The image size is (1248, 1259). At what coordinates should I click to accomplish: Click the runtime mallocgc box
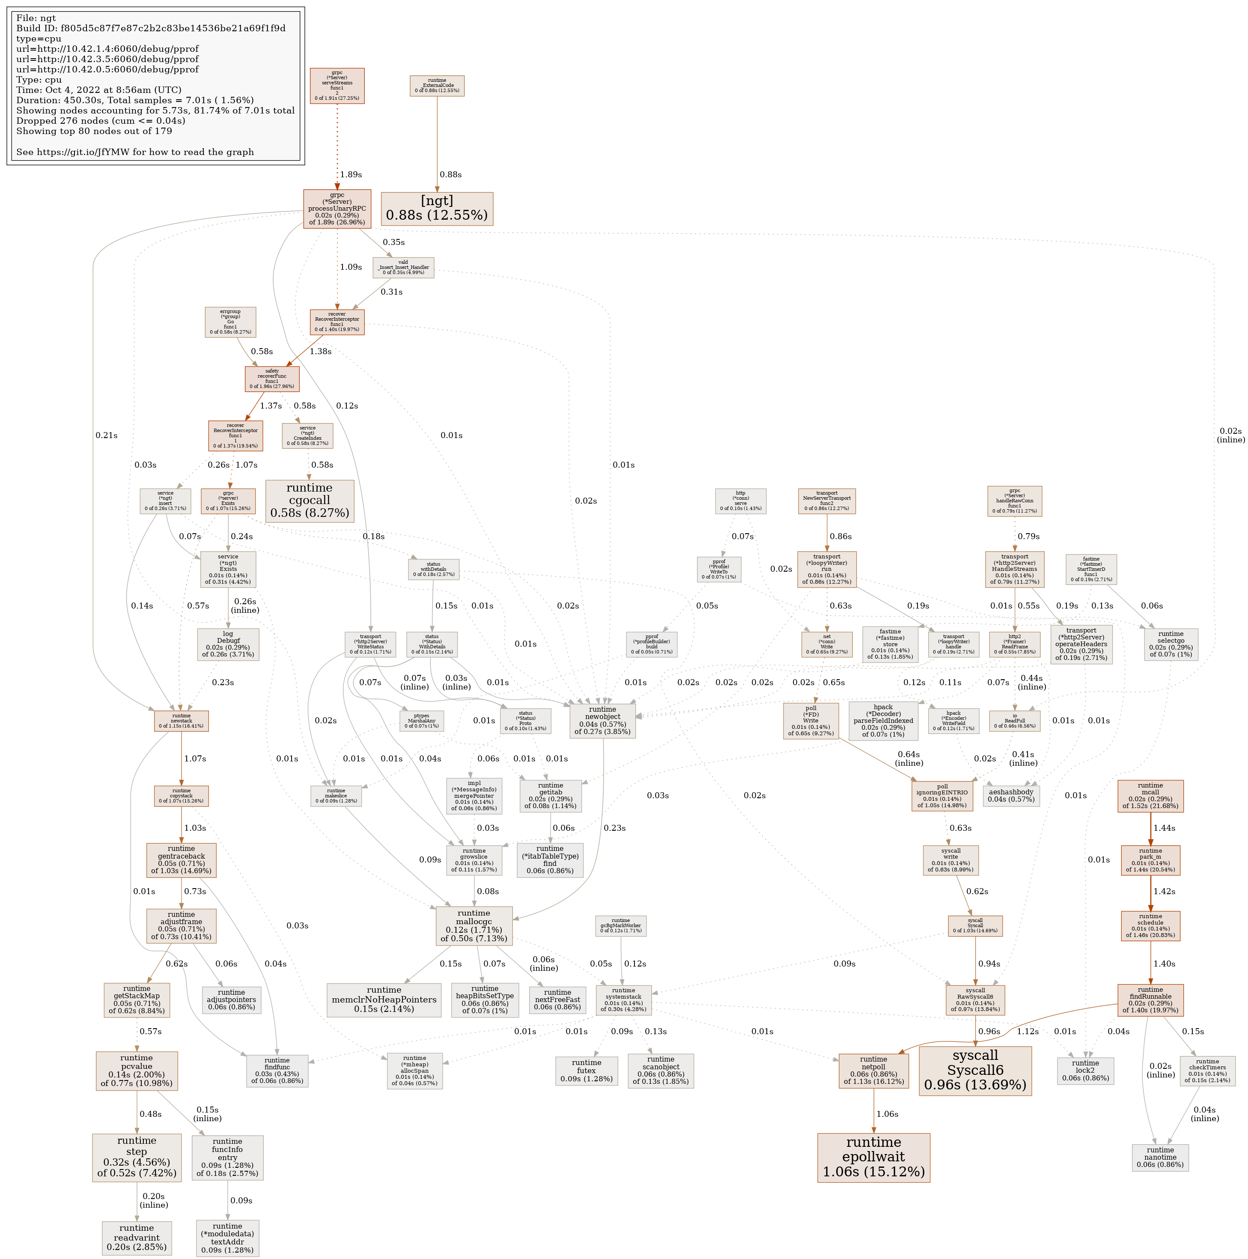pyautogui.click(x=474, y=925)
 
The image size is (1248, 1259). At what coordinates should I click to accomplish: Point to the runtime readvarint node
pyautogui.click(x=137, y=1238)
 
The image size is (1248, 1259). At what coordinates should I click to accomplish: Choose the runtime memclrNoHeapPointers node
pyautogui.click(x=384, y=999)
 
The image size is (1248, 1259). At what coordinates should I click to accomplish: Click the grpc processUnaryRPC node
pyautogui.click(x=337, y=209)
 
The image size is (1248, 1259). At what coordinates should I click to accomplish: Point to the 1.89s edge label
pyautogui.click(x=351, y=175)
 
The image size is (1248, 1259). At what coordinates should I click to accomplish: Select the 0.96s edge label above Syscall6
pyautogui.click(x=989, y=1032)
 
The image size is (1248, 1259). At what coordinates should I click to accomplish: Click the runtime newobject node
pyautogui.click(x=602, y=721)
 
